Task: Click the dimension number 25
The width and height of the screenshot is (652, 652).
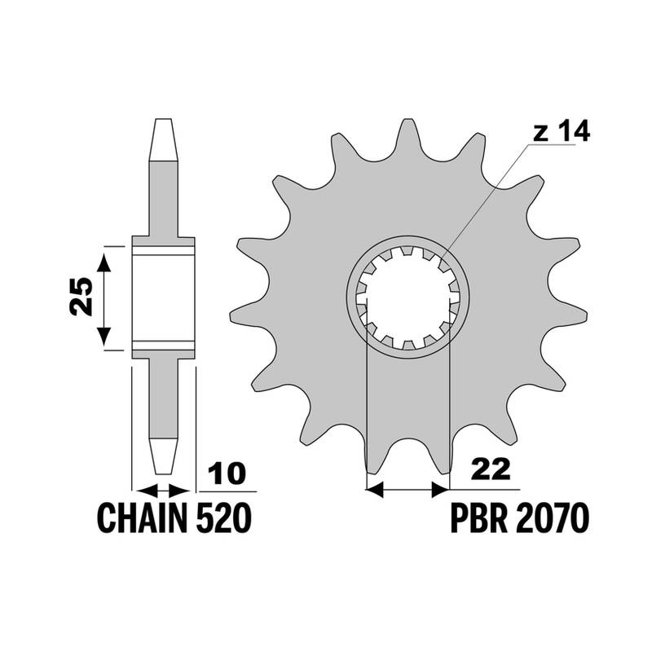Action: tap(81, 297)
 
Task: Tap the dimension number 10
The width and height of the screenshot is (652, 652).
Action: tap(227, 473)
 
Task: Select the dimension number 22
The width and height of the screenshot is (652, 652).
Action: tap(491, 469)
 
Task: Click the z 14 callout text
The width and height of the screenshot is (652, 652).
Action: tap(562, 131)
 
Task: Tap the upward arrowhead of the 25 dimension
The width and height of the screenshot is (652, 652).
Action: tap(104, 262)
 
